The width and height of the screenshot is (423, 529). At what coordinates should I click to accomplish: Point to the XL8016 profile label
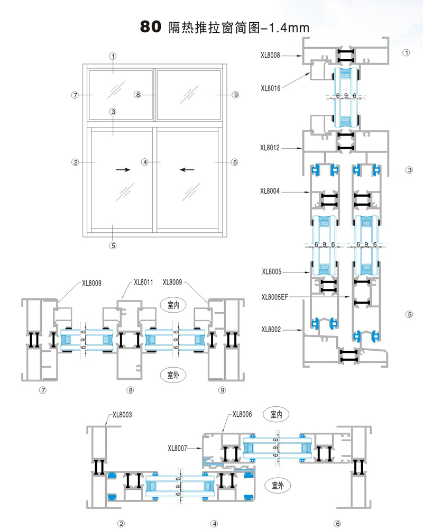(270, 88)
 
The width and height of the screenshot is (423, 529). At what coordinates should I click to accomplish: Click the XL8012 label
(270, 148)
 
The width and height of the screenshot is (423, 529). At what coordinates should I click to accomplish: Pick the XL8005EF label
(275, 297)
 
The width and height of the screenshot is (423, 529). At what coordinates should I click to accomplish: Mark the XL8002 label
(271, 330)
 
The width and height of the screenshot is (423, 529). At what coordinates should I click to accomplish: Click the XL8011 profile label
(143, 282)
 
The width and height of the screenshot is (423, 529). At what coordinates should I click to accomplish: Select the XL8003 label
(122, 415)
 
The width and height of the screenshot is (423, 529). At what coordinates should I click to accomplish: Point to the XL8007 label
(178, 449)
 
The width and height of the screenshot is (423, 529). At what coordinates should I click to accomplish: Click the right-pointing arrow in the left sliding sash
(123, 170)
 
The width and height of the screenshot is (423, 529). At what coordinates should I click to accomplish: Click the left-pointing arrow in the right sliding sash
(187, 170)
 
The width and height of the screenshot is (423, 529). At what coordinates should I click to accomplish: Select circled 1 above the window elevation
(113, 56)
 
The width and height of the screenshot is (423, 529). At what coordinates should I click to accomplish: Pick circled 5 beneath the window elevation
(113, 245)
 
